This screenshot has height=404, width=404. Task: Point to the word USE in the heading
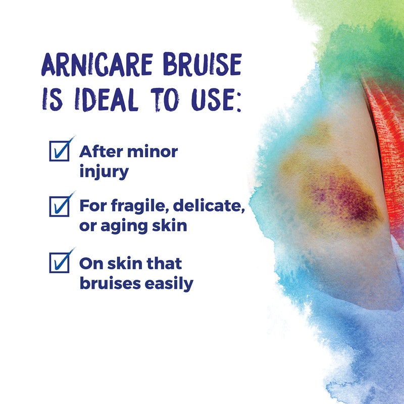coord(207,101)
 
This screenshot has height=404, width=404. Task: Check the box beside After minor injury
coord(59,151)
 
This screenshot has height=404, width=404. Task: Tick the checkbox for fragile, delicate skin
coord(59,207)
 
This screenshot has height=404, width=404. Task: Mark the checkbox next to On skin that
coord(59,263)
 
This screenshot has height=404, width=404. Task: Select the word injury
coord(104,171)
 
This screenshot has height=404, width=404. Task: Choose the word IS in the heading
coord(53,101)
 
